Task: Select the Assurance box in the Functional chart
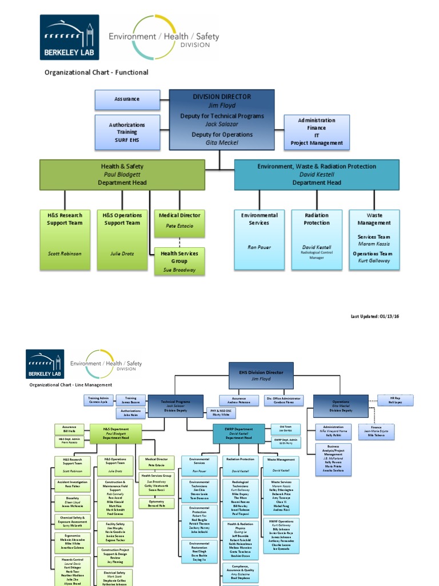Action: pos(127,99)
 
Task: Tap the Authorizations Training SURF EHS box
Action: pos(127,132)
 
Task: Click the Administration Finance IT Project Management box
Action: pos(317,132)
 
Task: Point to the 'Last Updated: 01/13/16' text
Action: pos(375,316)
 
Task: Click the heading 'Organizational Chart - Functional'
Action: pos(97,73)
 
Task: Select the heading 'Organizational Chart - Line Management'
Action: pos(71,385)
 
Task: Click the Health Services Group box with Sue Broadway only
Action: pos(179,262)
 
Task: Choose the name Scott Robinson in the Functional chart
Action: pos(64,254)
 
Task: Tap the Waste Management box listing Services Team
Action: pos(374,239)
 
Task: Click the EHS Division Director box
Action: pos(261,375)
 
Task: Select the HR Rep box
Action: pos(396,400)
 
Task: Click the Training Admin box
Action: pos(98,399)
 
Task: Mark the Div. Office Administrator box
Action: pos(284,400)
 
